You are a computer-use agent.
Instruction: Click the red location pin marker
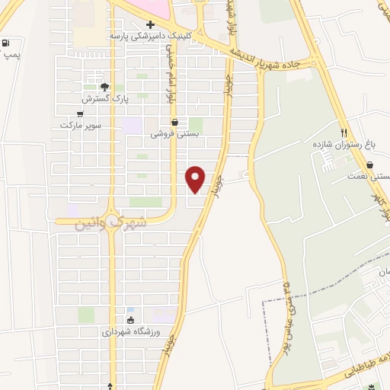tap(196, 178)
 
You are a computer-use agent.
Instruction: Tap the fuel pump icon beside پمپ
tap(7, 43)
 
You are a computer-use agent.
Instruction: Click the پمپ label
tap(11, 56)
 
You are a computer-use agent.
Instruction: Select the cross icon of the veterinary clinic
tap(150, 24)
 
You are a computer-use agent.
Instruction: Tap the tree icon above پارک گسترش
tap(105, 87)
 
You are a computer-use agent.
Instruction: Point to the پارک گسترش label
tap(106, 99)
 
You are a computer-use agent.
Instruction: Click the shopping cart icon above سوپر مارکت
tap(81, 113)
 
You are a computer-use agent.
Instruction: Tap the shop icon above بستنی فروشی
tap(175, 122)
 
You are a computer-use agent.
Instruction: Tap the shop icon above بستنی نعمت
tap(369, 165)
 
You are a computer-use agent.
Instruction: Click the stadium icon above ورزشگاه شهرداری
tap(130, 321)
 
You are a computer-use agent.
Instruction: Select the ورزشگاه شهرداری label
tap(129, 332)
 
